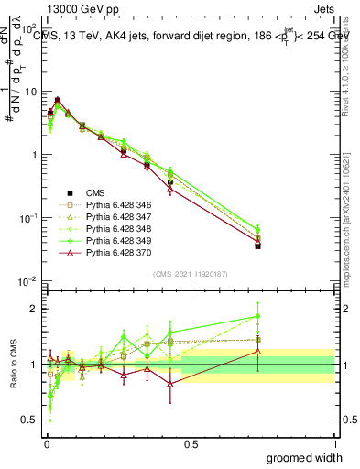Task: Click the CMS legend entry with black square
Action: tap(100, 192)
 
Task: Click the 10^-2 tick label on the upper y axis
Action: tap(28, 281)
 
